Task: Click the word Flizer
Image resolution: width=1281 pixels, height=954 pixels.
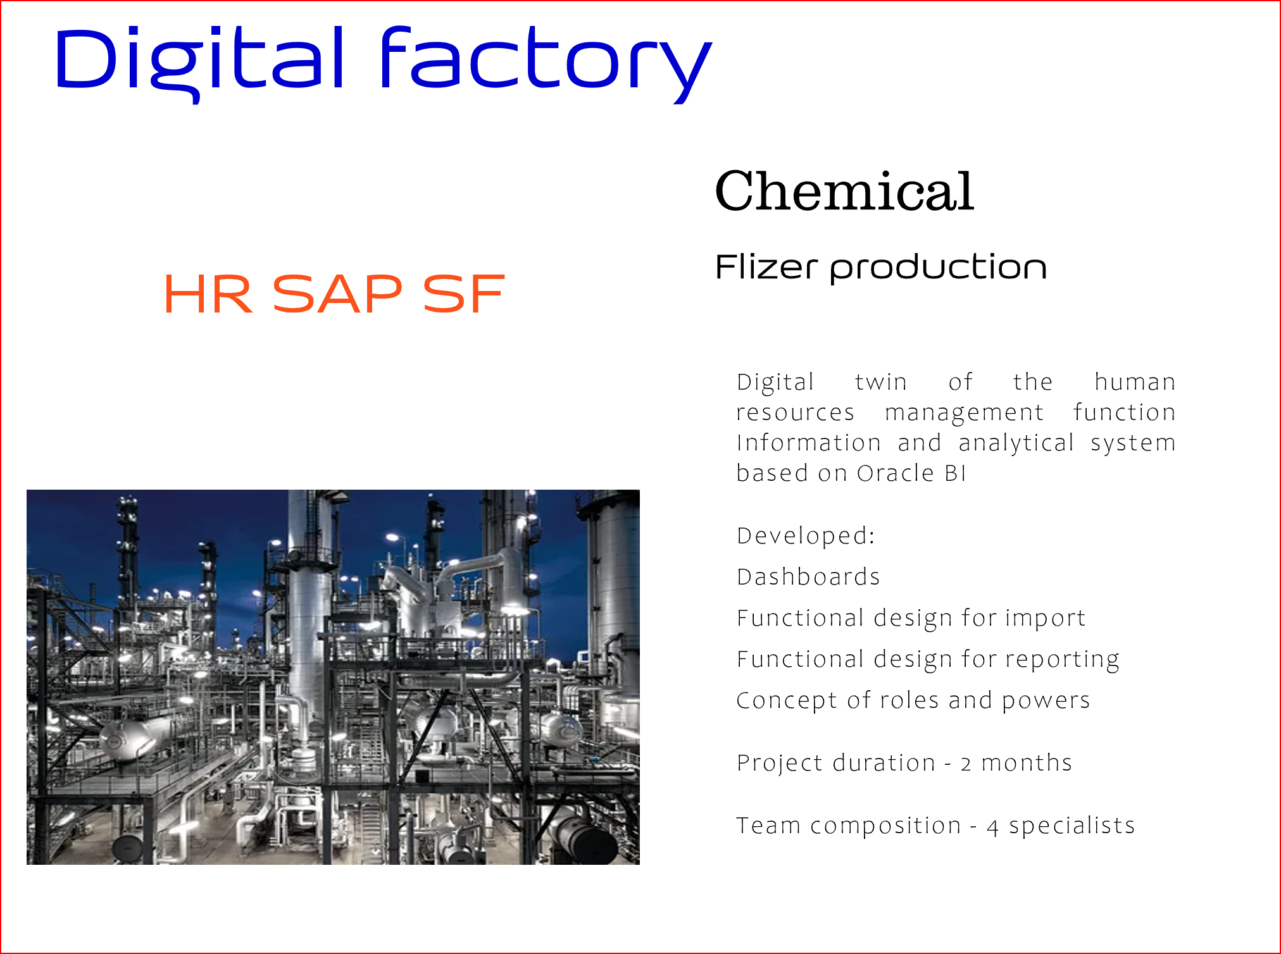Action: (766, 266)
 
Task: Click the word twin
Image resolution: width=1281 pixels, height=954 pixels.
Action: (881, 382)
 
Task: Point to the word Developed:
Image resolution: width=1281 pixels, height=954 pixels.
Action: (806, 536)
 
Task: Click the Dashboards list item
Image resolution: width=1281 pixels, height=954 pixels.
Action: (808, 577)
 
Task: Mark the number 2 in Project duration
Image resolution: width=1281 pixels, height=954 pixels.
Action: (966, 764)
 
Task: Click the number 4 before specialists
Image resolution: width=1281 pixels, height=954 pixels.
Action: (992, 827)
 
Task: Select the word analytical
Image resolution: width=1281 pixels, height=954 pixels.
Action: (1016, 443)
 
